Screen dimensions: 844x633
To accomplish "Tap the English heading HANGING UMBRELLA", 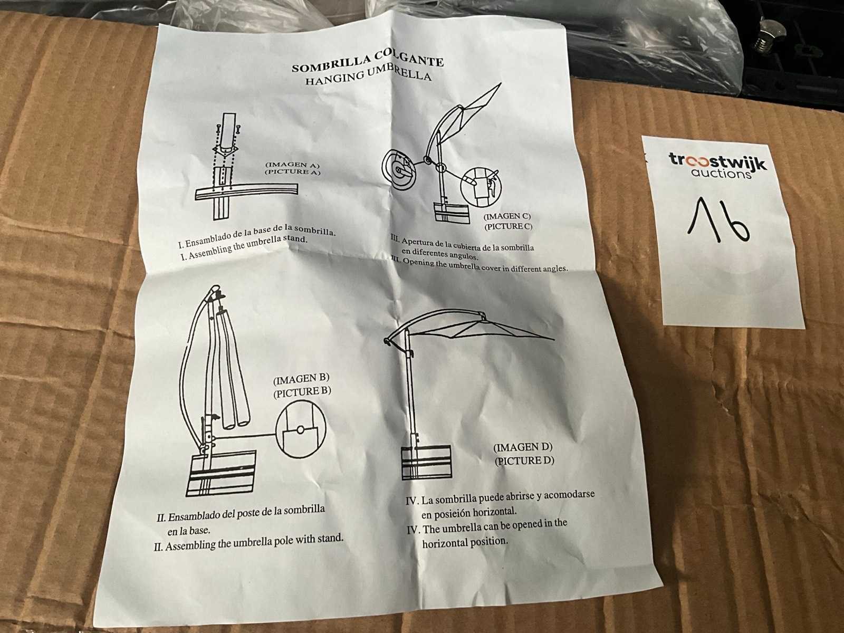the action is tap(368, 75).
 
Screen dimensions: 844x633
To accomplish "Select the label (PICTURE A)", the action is tap(292, 172).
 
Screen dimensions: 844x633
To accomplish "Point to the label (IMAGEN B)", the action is tap(301, 379).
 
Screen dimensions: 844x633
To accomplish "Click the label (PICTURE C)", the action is tap(509, 226).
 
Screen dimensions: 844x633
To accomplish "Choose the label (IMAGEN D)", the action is tap(523, 447).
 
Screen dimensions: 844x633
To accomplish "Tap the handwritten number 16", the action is tap(717, 219).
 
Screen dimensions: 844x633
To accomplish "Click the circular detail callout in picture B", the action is tap(301, 431).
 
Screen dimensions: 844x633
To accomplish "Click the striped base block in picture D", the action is tap(426, 462).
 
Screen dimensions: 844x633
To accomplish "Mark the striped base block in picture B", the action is tap(222, 473).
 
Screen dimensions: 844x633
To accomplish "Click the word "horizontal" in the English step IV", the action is tap(445, 543).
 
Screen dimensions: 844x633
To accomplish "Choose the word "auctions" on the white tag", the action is tap(721, 174).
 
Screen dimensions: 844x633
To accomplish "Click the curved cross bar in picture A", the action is tap(247, 192).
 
